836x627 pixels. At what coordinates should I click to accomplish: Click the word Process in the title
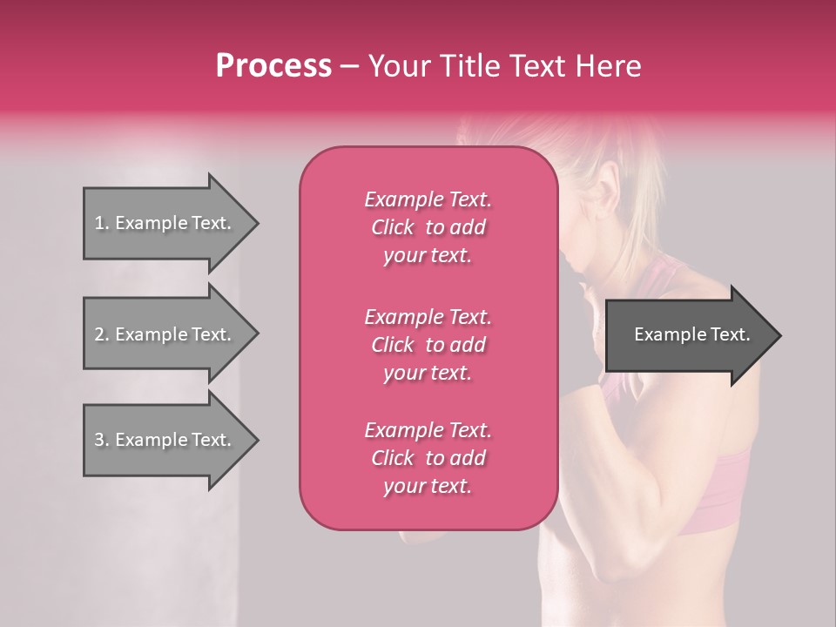point(273,66)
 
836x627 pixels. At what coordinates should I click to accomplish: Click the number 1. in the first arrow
point(102,223)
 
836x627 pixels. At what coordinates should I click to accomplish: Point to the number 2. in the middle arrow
point(102,334)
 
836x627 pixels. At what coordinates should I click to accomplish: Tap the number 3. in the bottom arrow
point(102,440)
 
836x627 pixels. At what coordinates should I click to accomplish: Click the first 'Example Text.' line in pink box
point(428,199)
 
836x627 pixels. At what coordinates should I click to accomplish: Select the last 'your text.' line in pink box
point(428,486)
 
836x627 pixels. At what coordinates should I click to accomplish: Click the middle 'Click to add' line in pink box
point(428,345)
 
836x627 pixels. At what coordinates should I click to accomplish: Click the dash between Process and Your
point(350,66)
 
